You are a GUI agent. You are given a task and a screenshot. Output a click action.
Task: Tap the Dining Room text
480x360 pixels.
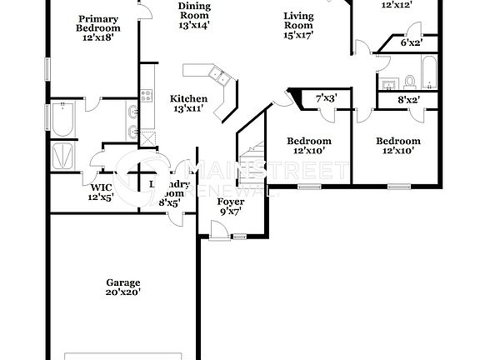[193, 10]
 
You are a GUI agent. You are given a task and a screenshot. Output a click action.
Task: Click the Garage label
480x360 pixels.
[122, 282]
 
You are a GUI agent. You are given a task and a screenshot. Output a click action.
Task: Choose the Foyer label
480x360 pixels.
[229, 202]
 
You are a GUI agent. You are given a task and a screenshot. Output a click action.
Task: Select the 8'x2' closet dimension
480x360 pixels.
[408, 100]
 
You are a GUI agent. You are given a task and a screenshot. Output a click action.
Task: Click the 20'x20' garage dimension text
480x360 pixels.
[122, 292]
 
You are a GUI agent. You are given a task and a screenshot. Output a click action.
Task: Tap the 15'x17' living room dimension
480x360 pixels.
[298, 36]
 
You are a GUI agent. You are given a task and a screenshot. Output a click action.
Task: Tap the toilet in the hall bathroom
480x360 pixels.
[409, 82]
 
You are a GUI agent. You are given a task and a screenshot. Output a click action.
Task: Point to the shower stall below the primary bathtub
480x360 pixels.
[63, 155]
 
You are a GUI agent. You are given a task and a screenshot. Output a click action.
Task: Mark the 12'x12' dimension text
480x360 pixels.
[397, 5]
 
